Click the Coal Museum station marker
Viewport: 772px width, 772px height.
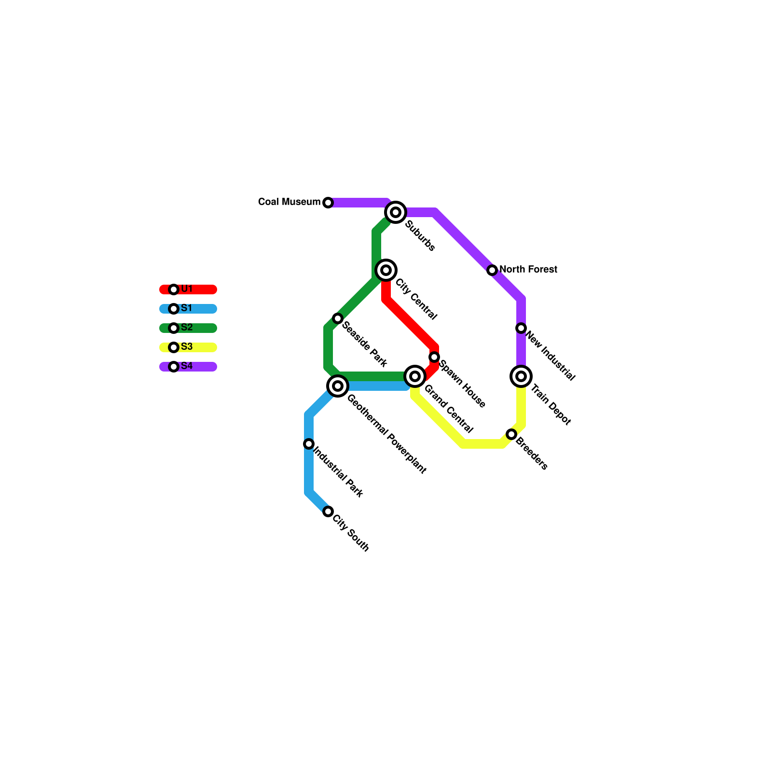tap(328, 203)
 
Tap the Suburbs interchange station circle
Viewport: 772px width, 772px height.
tap(396, 212)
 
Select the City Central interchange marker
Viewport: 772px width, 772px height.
tap(386, 270)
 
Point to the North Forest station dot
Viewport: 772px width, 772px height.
tap(492, 270)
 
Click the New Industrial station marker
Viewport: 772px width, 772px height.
tap(521, 328)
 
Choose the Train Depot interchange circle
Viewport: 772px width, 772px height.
tap(521, 376)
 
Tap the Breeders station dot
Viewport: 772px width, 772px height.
tap(511, 434)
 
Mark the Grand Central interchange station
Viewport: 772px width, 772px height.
tap(415, 376)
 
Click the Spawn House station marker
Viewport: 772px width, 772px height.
tap(434, 357)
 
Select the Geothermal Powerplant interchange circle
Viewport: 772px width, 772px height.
tap(338, 386)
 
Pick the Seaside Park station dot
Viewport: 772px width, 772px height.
tap(338, 318)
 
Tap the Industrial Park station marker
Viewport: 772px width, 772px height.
tap(309, 444)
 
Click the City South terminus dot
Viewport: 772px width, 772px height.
tap(328, 511)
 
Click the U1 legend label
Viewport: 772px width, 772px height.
tap(187, 289)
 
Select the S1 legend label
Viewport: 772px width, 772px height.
tap(187, 308)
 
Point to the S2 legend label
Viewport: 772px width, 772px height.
tap(187, 328)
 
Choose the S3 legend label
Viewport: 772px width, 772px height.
tap(187, 347)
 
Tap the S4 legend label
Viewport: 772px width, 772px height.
tap(187, 366)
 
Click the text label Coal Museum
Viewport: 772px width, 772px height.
tap(289, 202)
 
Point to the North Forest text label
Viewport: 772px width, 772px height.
tap(528, 269)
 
